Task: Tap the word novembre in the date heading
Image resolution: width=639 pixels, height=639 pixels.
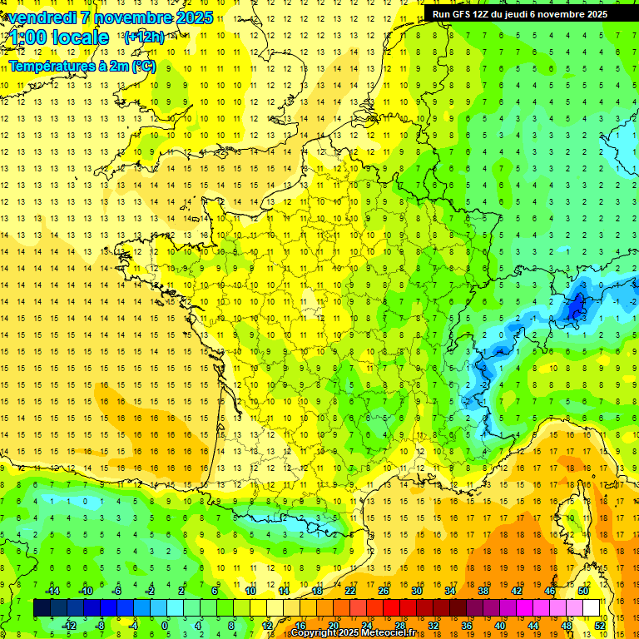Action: pyautogui.click(x=123, y=17)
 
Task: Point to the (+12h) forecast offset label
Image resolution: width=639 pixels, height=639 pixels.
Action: pyautogui.click(x=144, y=37)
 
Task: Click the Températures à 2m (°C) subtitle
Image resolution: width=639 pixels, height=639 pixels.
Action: pyautogui.click(x=82, y=66)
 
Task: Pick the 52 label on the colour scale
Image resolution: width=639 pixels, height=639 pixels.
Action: pyautogui.click(x=600, y=626)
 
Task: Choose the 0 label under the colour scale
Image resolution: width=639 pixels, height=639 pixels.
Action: pyautogui.click(x=164, y=626)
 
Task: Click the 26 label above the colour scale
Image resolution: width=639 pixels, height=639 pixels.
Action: pyautogui.click(x=384, y=591)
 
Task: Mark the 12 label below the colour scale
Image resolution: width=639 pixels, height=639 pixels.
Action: pyautogui.click(x=267, y=626)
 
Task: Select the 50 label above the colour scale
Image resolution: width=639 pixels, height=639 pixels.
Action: pyautogui.click(x=583, y=591)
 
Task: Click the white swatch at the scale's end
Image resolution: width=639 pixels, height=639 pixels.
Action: pyautogui.click(x=592, y=608)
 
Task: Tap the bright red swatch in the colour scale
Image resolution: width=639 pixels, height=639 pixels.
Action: pyautogui.click(x=392, y=608)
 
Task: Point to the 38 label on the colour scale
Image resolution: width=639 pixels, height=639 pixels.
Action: pyautogui.click(x=483, y=591)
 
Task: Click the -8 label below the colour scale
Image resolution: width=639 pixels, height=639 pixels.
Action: pyautogui.click(x=101, y=626)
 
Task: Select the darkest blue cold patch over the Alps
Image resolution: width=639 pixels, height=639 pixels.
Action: pyautogui.click(x=575, y=308)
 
